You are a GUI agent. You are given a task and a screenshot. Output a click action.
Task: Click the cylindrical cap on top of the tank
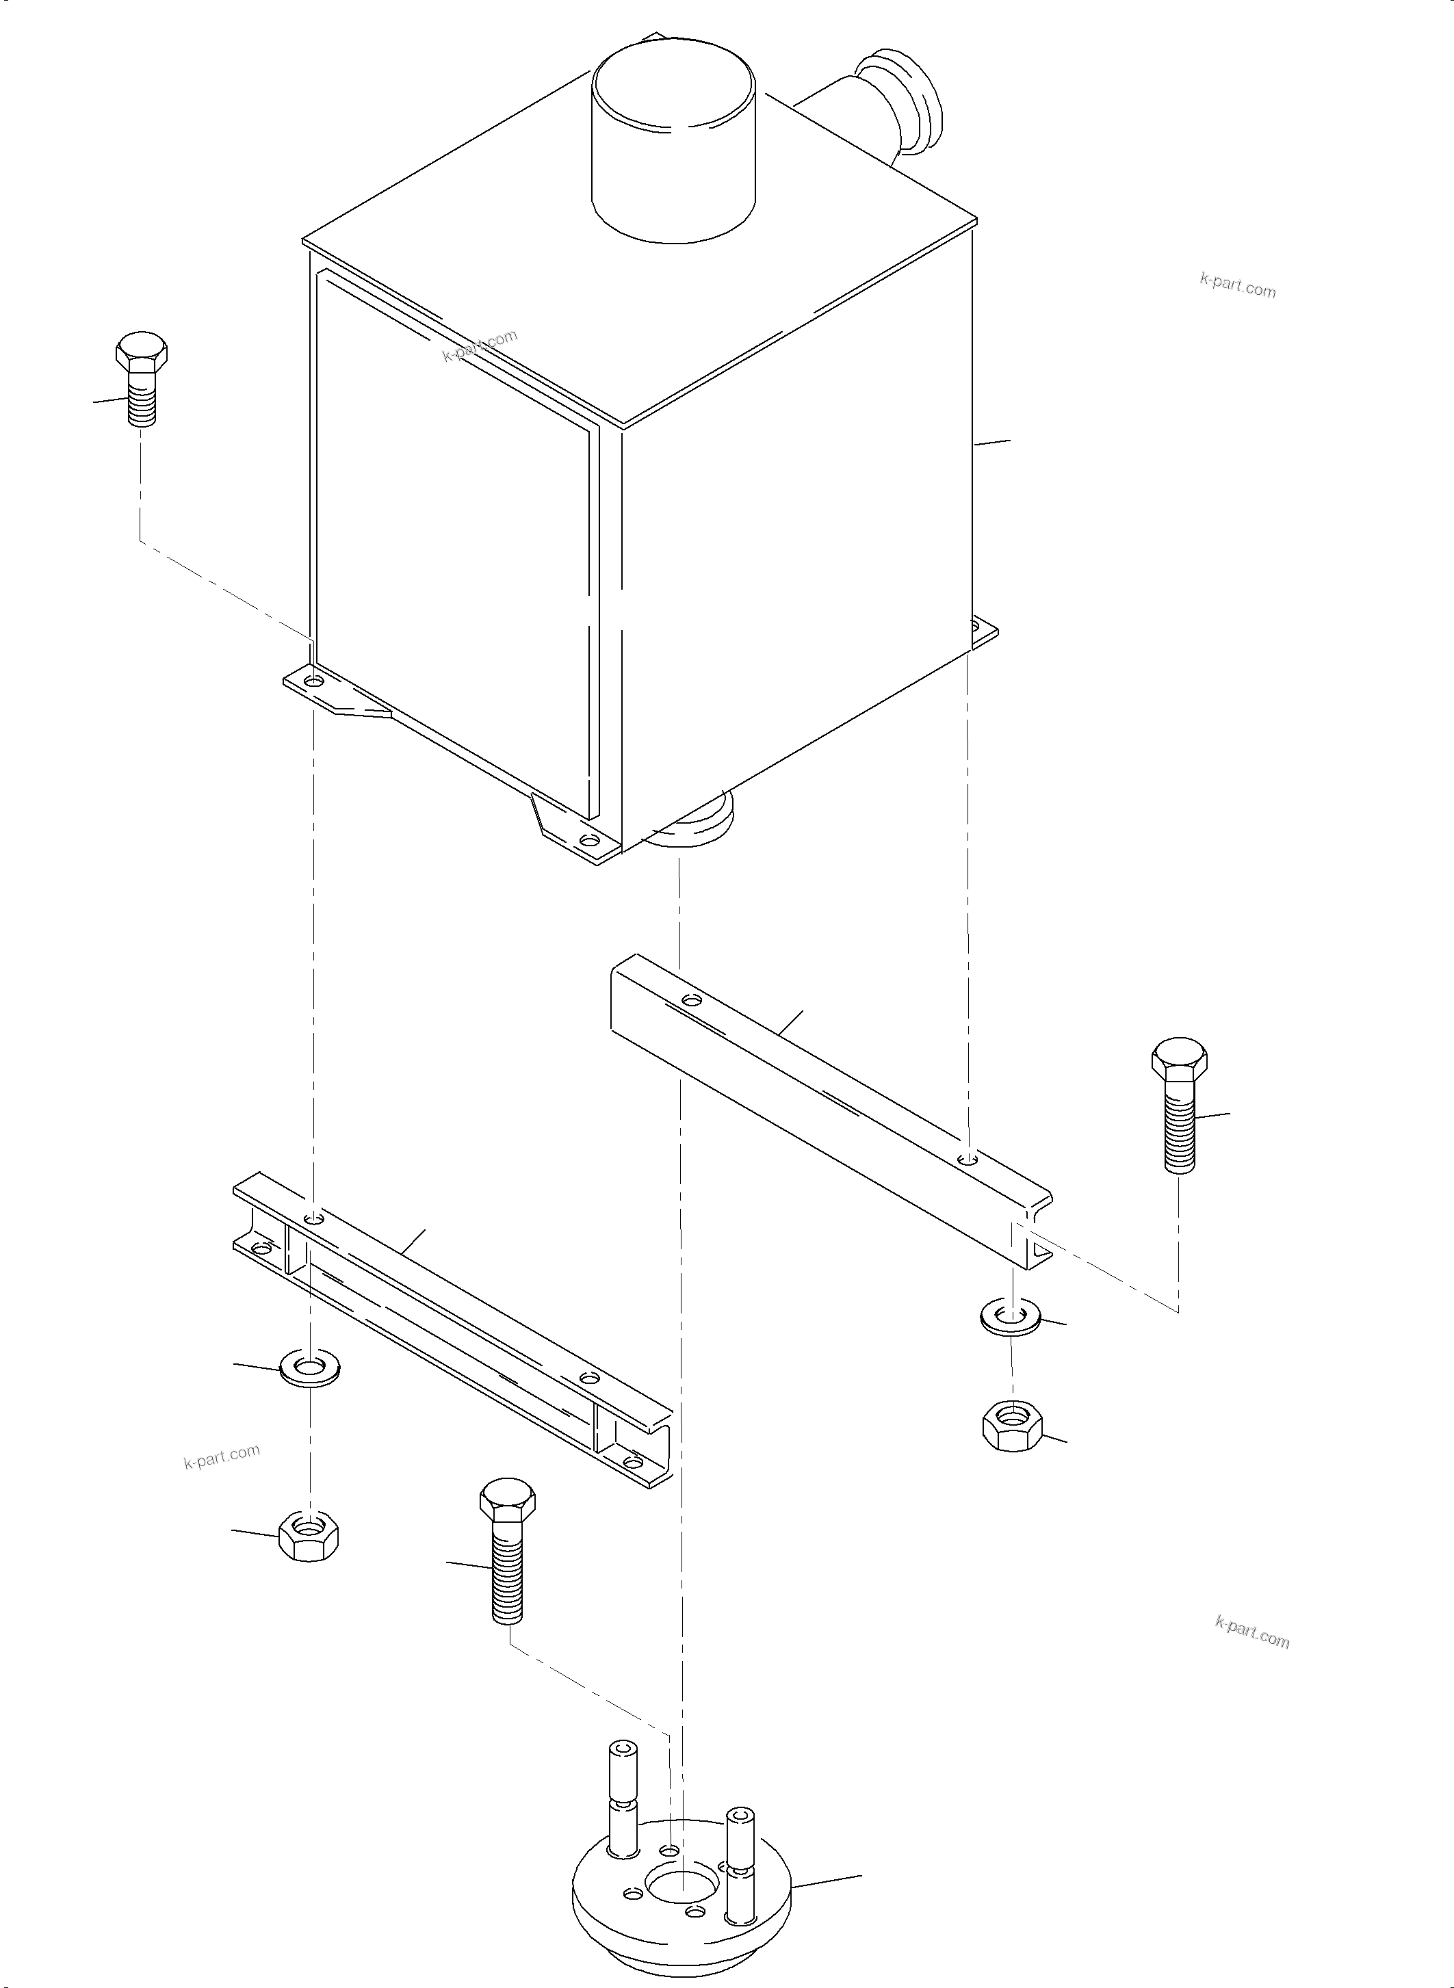tap(673, 145)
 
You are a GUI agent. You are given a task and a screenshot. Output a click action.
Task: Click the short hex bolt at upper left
tap(141, 378)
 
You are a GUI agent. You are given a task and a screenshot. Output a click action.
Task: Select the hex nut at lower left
tap(308, 1536)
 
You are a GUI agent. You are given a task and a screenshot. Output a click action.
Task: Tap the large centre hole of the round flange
tap(679, 1879)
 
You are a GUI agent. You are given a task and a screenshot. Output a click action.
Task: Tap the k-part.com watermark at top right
tap(1238, 285)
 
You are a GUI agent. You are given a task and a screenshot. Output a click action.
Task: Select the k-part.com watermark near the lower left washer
tap(222, 1457)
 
